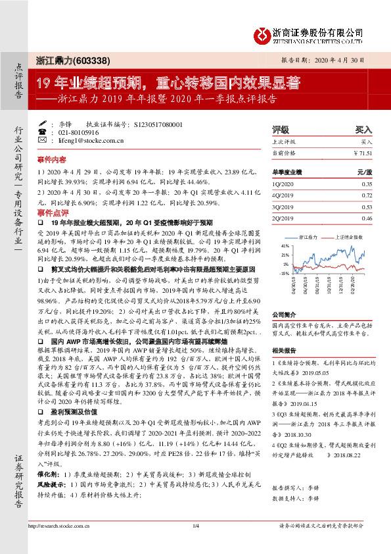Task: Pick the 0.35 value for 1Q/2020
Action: pos(367,184)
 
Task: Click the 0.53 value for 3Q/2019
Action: pos(367,207)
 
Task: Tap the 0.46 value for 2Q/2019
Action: pos(367,218)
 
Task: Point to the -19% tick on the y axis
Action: pos(285,272)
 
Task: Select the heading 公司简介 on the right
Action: pos(284,315)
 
